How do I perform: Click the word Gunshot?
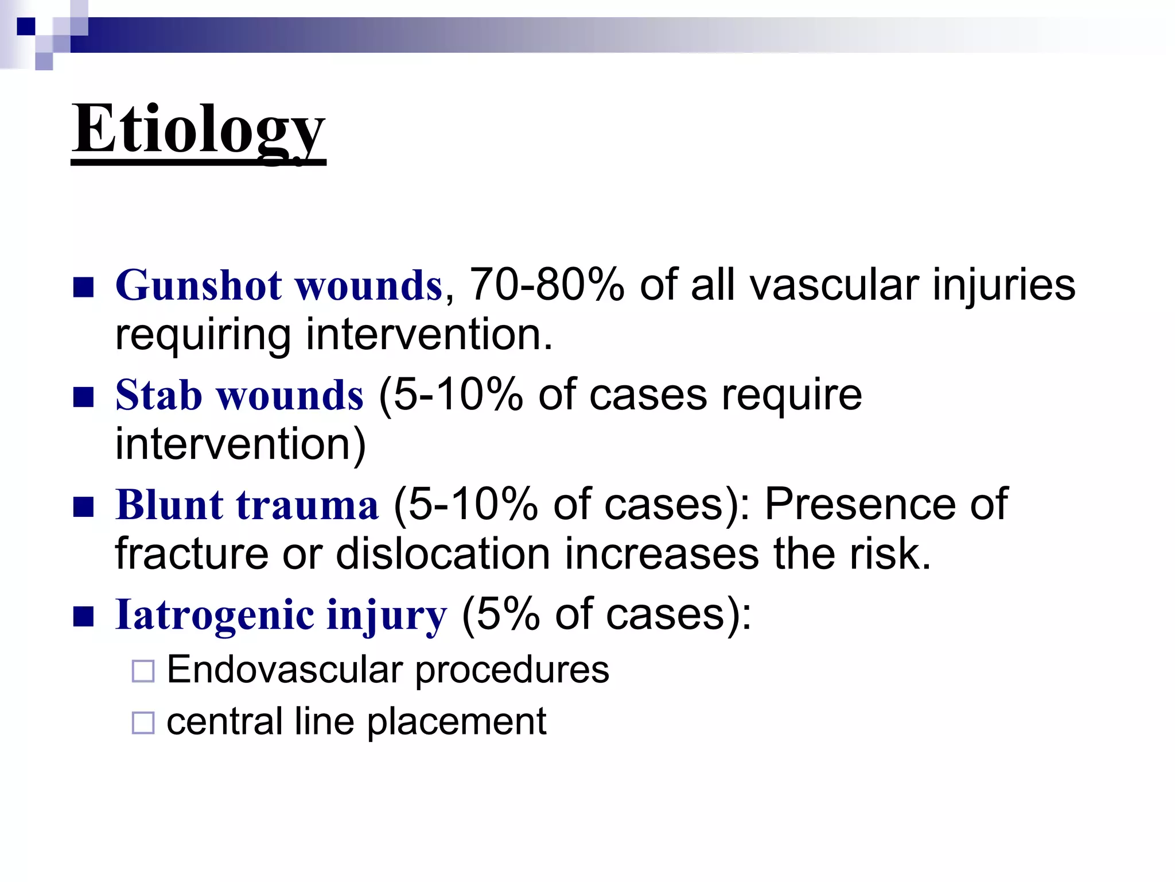point(199,285)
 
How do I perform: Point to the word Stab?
point(159,396)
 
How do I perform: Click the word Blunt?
point(169,505)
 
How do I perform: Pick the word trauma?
point(308,505)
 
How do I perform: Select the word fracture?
point(192,554)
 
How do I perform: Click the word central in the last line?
point(224,722)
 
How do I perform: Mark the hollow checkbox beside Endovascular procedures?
point(143,671)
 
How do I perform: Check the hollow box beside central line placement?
point(143,723)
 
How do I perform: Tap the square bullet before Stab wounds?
point(83,397)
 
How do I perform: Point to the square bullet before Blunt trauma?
point(83,507)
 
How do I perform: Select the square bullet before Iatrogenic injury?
point(83,617)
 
